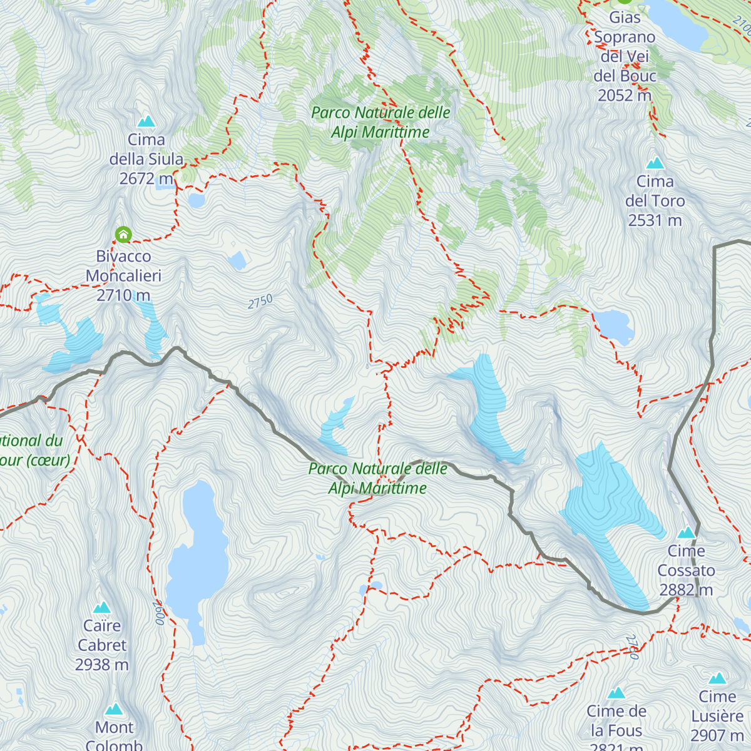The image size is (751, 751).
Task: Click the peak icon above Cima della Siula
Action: [146, 121]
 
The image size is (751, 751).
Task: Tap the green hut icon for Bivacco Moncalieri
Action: [123, 235]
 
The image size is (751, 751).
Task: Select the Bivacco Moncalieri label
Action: [123, 266]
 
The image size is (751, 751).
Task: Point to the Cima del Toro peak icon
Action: [655, 163]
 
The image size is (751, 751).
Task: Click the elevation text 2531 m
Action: [655, 220]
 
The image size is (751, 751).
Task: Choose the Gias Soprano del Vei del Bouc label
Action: [625, 56]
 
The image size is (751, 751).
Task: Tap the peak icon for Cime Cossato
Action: [687, 533]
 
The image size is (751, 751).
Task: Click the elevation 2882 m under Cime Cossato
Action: [686, 590]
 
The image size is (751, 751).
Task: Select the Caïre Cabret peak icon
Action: [101, 607]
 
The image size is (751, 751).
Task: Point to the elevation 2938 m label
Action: [101, 665]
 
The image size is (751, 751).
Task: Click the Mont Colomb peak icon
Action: [114, 709]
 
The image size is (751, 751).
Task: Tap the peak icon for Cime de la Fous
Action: [616, 693]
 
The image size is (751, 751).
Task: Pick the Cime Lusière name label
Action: [717, 706]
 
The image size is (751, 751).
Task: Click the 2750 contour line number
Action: [260, 302]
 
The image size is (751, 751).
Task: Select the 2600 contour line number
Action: [159, 612]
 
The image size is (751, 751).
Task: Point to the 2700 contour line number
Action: [632, 647]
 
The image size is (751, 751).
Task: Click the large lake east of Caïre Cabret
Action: [197, 557]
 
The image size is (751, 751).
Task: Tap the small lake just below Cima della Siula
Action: [197, 200]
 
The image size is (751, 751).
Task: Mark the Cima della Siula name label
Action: [146, 150]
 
